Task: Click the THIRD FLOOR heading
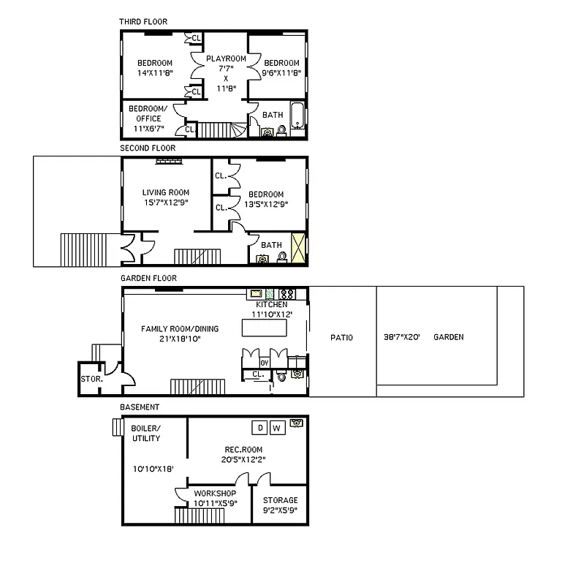[143, 21]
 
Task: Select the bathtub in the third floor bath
[296, 116]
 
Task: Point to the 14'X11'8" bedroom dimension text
[155, 72]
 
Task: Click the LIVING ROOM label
[165, 193]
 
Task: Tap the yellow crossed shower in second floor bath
[298, 247]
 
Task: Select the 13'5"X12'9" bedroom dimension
[262, 205]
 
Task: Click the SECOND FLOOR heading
[148, 148]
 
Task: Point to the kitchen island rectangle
[265, 328]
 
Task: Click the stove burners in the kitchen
[287, 294]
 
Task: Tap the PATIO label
[341, 338]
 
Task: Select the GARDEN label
[448, 337]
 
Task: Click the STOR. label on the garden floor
[91, 380]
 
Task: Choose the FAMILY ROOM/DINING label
[170, 329]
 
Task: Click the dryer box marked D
[259, 427]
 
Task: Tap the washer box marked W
[277, 427]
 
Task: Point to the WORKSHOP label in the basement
[214, 494]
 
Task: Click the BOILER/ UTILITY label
[146, 433]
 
